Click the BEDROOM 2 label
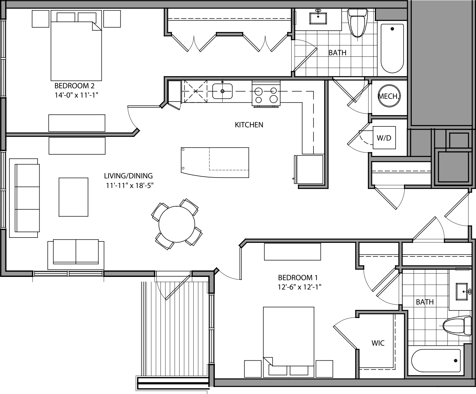pos(74,86)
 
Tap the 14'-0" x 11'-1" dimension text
pos(77,95)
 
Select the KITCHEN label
pos(249,125)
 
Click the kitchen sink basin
pos(223,91)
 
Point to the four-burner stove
pos(266,94)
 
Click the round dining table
pos(177,223)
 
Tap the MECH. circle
pos(389,96)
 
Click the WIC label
pos(378,343)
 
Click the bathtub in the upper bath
pos(392,48)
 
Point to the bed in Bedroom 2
pos(76,48)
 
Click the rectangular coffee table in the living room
pos(74,197)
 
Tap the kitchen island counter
pos(215,162)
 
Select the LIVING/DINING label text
pos(128,176)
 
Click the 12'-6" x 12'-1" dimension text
pos(300,287)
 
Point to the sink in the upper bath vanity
pos(318,18)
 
